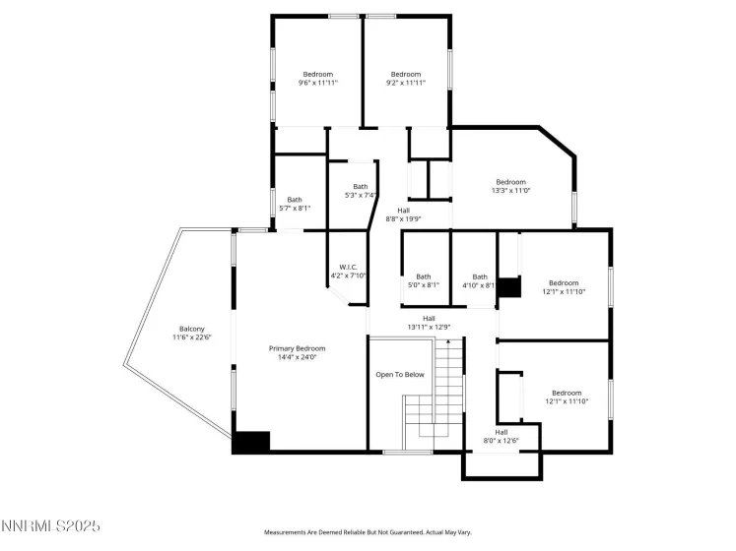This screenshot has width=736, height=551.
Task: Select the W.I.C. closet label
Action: click(x=347, y=267)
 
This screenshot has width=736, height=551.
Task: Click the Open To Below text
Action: click(x=400, y=375)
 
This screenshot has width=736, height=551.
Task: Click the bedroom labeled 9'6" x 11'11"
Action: click(x=317, y=75)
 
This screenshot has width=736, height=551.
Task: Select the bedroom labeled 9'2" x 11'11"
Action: click(x=406, y=75)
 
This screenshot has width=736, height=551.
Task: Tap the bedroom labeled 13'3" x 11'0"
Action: click(x=510, y=182)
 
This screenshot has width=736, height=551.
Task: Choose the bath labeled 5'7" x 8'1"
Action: click(x=295, y=200)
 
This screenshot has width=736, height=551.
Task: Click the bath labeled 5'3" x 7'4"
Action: click(x=361, y=187)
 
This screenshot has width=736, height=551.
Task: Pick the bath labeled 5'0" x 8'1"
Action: click(x=424, y=276)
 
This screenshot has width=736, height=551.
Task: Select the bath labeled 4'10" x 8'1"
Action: click(x=480, y=276)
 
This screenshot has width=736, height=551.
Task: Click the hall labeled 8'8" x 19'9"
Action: click(x=404, y=211)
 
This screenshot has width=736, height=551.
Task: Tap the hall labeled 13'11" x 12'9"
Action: click(x=429, y=319)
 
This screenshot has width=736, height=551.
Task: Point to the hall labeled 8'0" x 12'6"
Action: click(x=502, y=432)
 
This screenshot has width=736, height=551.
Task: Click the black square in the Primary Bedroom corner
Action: click(x=251, y=443)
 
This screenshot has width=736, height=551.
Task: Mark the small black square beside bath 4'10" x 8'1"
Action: click(x=507, y=287)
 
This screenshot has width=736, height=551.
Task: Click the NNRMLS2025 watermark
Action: click(x=51, y=528)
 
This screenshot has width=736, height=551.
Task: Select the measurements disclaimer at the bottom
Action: click(x=368, y=532)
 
